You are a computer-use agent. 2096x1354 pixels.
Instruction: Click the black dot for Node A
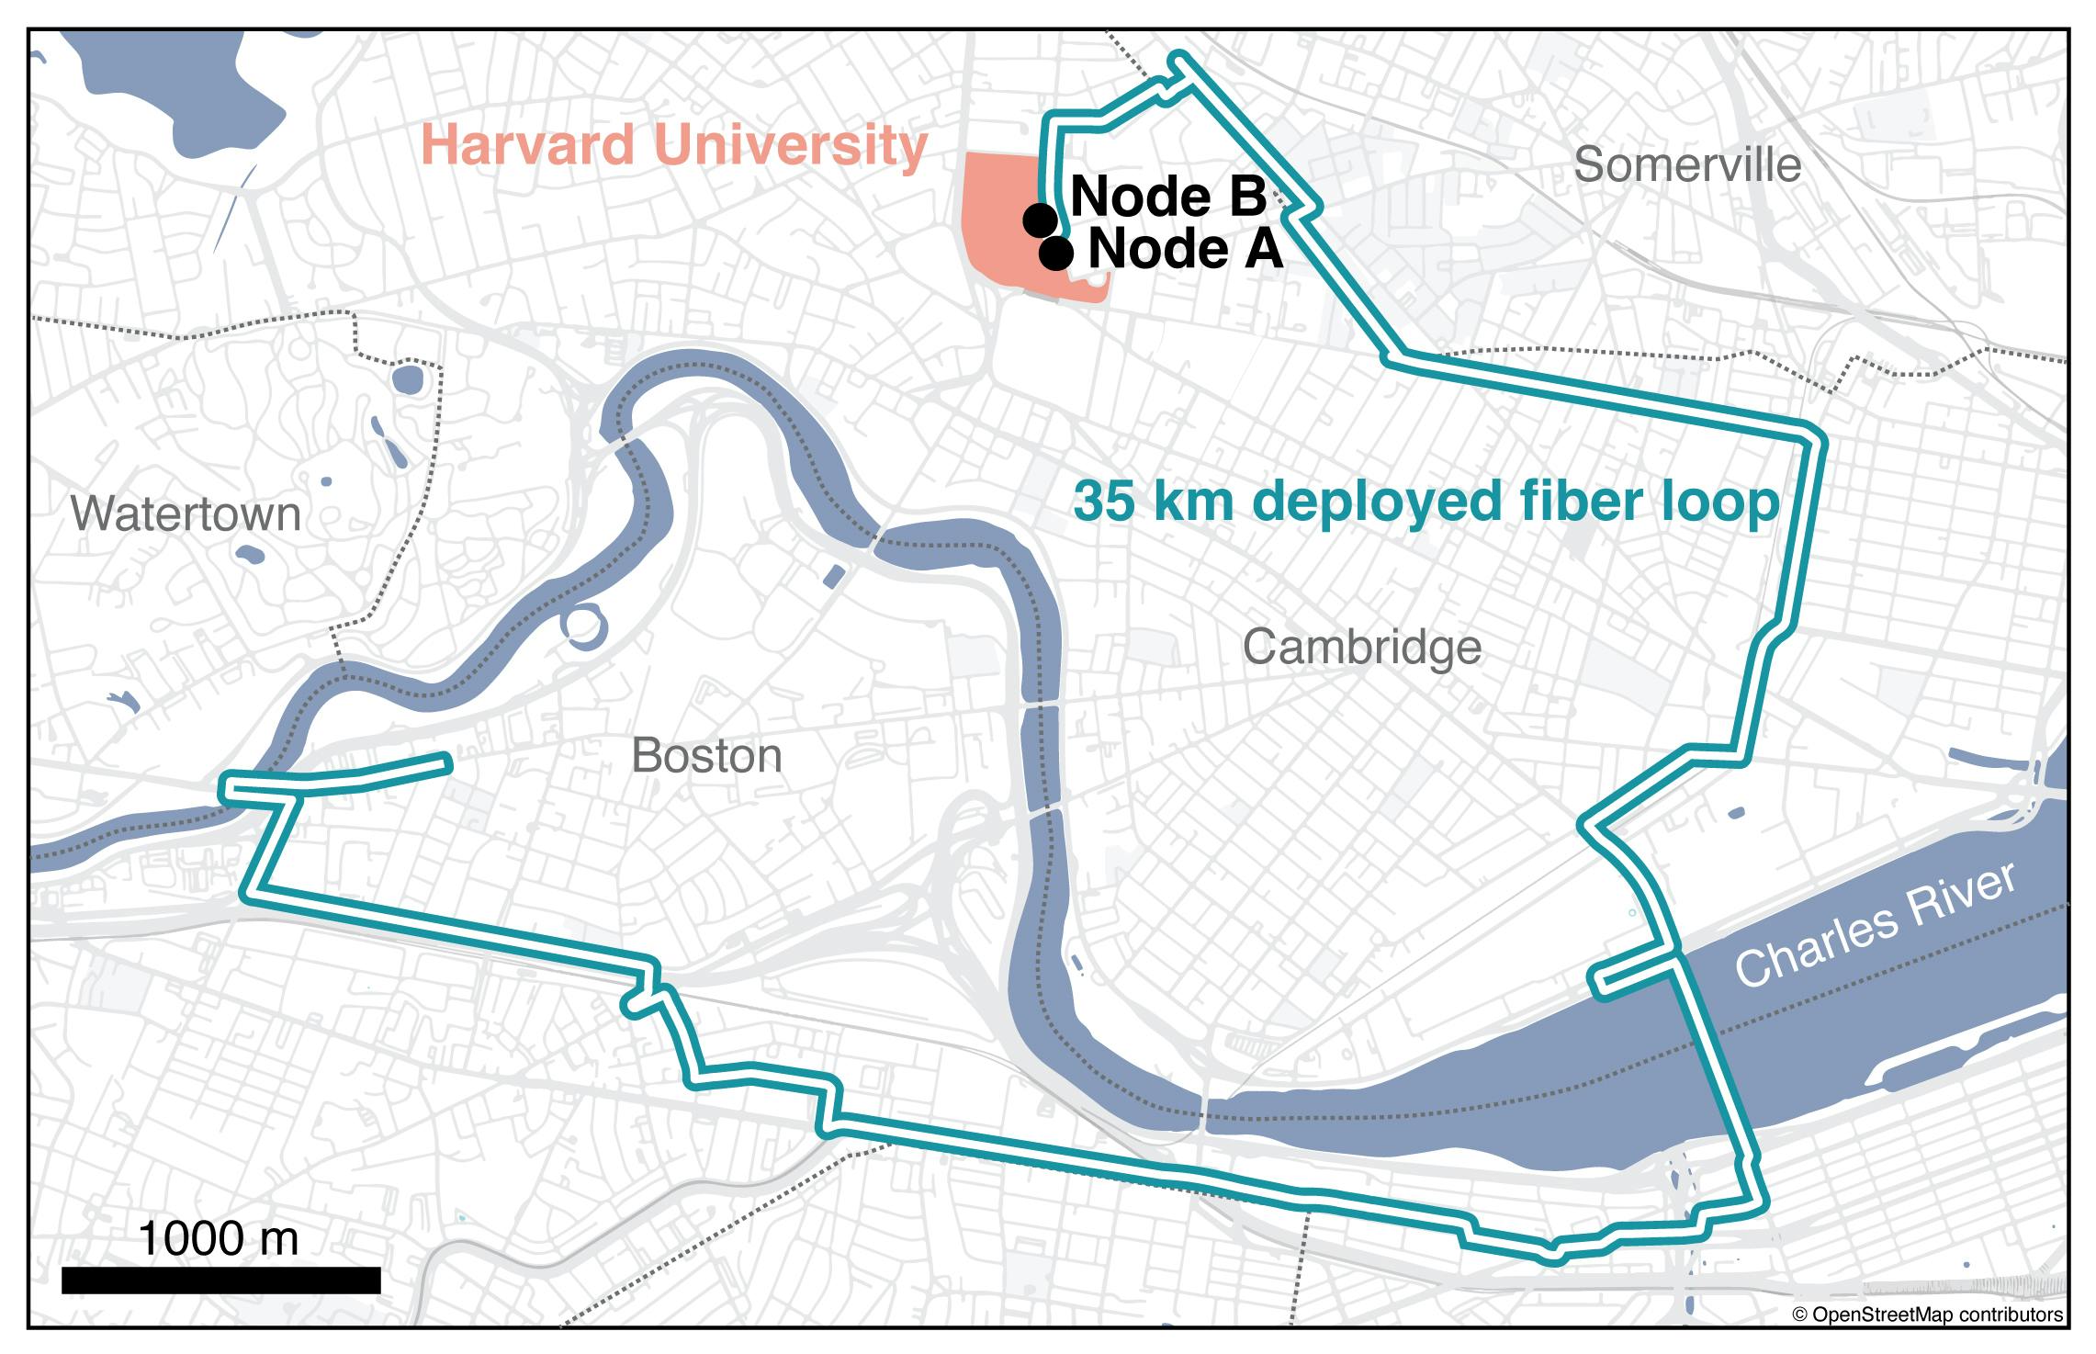pos(1056,254)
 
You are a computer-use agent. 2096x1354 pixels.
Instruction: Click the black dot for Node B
pos(1040,220)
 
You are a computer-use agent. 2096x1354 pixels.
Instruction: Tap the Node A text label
pos(1185,250)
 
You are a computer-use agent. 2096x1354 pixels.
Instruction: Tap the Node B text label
pos(1168,197)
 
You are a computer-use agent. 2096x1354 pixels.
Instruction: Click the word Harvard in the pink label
pos(527,145)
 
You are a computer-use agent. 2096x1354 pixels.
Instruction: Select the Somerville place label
pos(1686,165)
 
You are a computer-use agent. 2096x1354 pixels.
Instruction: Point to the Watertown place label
pos(186,513)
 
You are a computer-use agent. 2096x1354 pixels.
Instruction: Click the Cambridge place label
pos(1361,648)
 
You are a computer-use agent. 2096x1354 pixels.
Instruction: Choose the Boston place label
pos(706,756)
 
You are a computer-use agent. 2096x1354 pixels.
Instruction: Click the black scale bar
pos(220,1280)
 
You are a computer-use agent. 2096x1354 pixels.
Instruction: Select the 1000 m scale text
pos(219,1238)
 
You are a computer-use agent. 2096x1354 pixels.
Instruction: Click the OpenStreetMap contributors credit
pos(1927,1315)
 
